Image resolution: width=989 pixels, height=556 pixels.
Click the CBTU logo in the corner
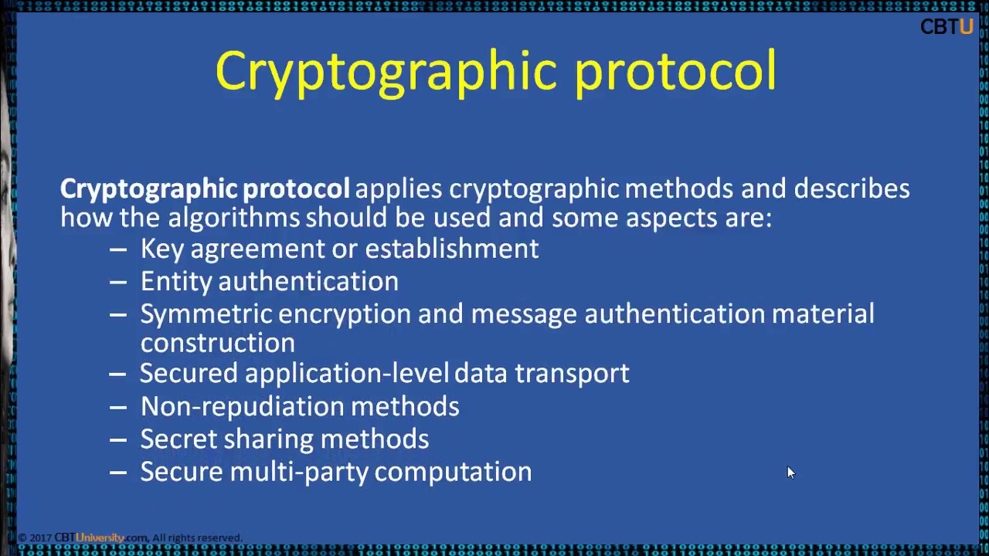pos(947,27)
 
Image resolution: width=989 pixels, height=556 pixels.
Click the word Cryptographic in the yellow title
pos(386,72)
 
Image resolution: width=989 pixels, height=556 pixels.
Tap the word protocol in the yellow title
pos(675,72)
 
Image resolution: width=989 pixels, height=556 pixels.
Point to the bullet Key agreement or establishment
pos(339,249)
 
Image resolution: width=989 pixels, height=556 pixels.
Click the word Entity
pos(175,282)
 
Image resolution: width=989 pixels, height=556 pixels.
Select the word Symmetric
pos(206,314)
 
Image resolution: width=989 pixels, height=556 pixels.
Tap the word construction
pos(217,343)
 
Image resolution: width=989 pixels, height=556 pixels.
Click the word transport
pos(572,374)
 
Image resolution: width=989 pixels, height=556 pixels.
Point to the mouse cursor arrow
pos(790,472)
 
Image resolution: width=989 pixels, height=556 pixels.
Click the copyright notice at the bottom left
pos(130,537)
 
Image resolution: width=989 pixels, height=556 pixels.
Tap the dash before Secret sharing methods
pos(117,439)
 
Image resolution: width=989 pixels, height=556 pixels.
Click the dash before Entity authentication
pos(117,282)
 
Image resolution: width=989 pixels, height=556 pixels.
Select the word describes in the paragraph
pos(851,189)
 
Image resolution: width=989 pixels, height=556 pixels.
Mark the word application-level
pos(346,374)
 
